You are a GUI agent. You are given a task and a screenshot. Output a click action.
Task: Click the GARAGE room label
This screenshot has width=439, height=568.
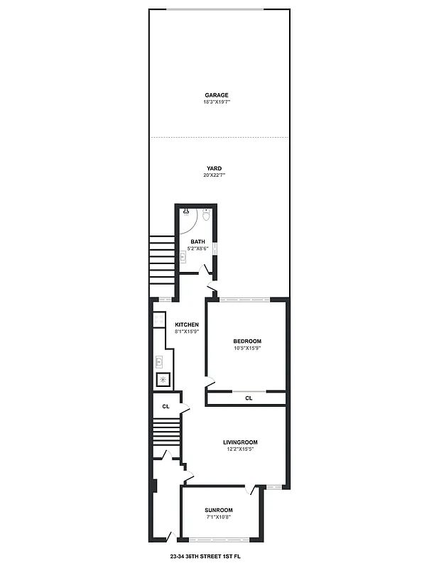217,95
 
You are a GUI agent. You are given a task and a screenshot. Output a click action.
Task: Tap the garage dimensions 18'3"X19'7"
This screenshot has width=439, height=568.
217,102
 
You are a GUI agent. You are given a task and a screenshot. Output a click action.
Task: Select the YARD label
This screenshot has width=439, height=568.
215,168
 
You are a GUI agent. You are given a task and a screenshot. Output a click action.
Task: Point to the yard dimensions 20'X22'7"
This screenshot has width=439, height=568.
215,175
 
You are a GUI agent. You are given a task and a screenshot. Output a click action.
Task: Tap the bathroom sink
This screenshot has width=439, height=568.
183,256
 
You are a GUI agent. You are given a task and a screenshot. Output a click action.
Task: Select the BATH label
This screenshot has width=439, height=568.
197,242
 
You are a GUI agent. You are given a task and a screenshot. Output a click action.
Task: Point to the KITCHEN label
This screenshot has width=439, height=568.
186,324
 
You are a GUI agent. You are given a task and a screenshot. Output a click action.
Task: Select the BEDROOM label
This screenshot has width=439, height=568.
247,341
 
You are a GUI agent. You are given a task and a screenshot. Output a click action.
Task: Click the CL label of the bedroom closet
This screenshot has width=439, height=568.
249,398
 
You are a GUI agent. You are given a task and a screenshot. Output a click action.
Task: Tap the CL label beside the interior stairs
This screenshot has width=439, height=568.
166,407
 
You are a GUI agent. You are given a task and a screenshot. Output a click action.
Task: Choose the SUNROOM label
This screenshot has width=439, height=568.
219,510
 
